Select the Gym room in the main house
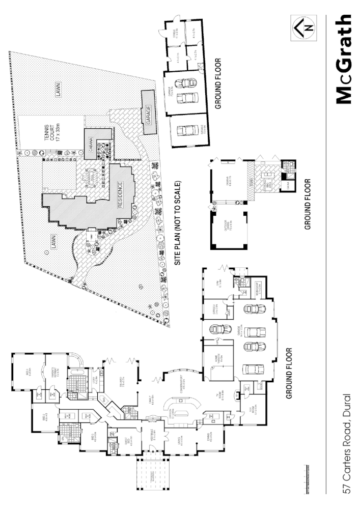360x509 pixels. [216, 281]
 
